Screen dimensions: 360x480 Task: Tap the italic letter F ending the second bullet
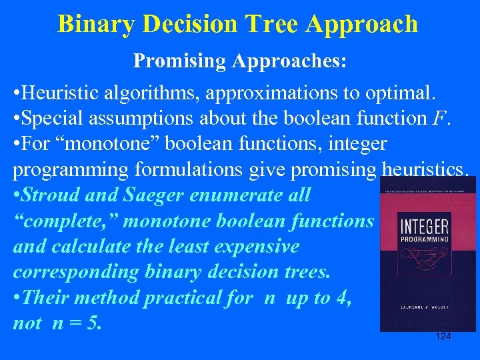[x=436, y=119]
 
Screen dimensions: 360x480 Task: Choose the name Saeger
[x=153, y=195]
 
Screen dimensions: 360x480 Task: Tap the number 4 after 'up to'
[x=344, y=297]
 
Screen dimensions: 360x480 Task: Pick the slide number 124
[x=443, y=336]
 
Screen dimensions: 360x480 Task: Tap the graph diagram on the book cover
[x=427, y=267]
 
